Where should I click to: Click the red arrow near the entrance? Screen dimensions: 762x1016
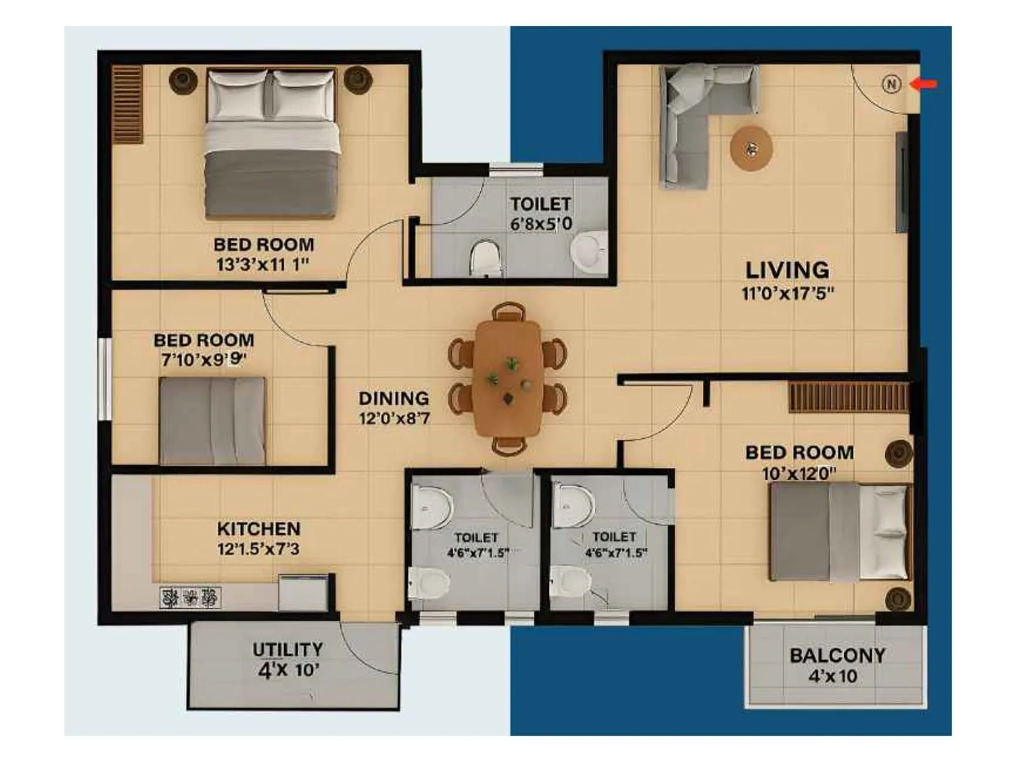click(925, 84)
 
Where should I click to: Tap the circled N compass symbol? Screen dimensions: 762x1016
click(892, 84)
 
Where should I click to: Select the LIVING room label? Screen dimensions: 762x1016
click(787, 270)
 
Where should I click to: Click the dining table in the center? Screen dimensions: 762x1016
click(508, 378)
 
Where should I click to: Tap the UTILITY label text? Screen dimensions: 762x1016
click(288, 650)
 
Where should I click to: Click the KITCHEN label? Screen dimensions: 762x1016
click(258, 528)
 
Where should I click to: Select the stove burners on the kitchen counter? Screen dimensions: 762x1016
click(190, 598)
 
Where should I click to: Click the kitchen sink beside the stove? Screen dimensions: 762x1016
click(303, 592)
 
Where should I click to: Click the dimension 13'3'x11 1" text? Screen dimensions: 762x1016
click(262, 264)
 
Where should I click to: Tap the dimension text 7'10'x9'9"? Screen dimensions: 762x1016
click(203, 360)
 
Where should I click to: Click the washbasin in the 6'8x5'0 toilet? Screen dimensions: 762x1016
click(589, 251)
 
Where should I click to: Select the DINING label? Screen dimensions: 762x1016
click(394, 398)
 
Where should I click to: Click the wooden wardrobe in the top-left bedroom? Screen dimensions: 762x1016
click(127, 104)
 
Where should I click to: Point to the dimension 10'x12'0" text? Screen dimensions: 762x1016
click(799, 474)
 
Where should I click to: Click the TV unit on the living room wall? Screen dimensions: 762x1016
click(901, 181)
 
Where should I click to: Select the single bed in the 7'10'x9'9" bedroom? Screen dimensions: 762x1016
click(211, 420)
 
